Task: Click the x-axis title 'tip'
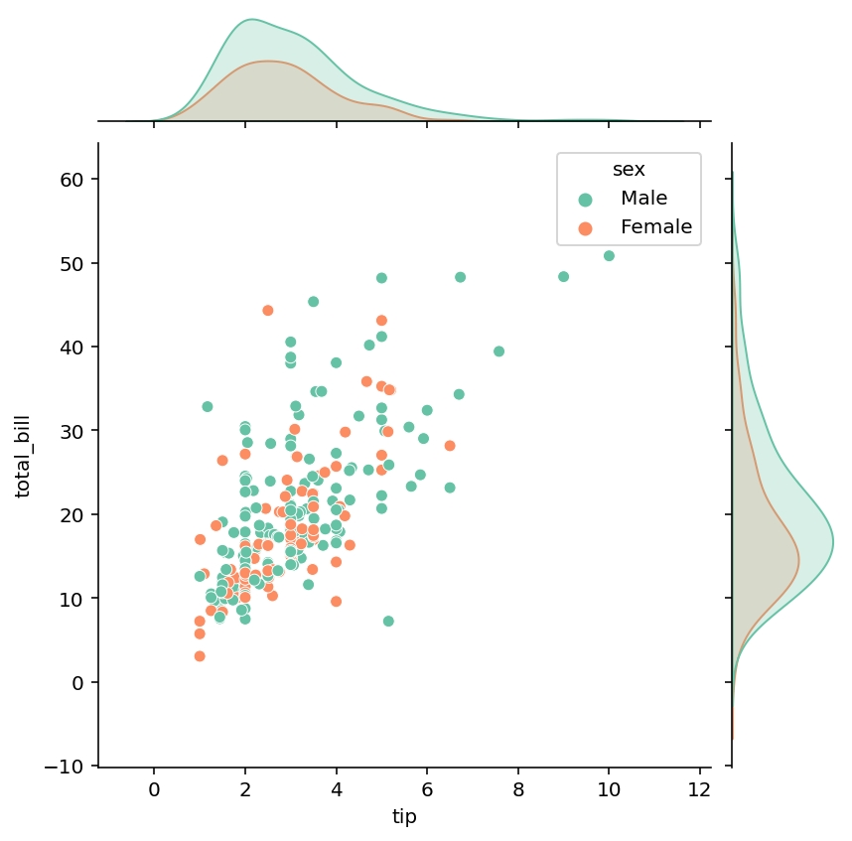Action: [404, 817]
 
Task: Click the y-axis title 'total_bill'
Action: [22, 455]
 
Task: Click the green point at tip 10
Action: [609, 256]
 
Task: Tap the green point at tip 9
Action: [563, 277]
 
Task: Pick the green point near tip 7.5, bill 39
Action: [498, 351]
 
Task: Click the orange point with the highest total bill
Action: [268, 311]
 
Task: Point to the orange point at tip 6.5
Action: [450, 446]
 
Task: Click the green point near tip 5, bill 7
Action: [388, 622]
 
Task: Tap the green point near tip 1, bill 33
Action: [208, 407]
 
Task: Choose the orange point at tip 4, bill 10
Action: [336, 602]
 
